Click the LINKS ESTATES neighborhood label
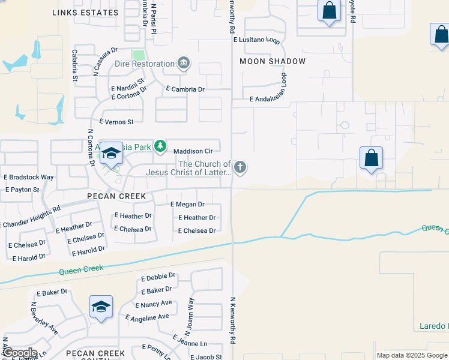click(x=85, y=13)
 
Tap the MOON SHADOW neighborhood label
click(x=273, y=61)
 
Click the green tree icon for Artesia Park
click(x=160, y=146)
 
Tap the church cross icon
click(x=240, y=167)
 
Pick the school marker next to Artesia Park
click(x=111, y=155)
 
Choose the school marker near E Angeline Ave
click(x=101, y=307)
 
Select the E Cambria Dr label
click(x=185, y=89)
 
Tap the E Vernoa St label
click(x=116, y=122)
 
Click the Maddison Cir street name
click(x=193, y=151)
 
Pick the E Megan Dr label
click(x=187, y=205)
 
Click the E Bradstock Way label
click(x=29, y=178)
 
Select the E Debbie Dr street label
click(x=158, y=277)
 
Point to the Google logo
click(x=20, y=353)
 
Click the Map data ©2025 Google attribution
click(x=412, y=355)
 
